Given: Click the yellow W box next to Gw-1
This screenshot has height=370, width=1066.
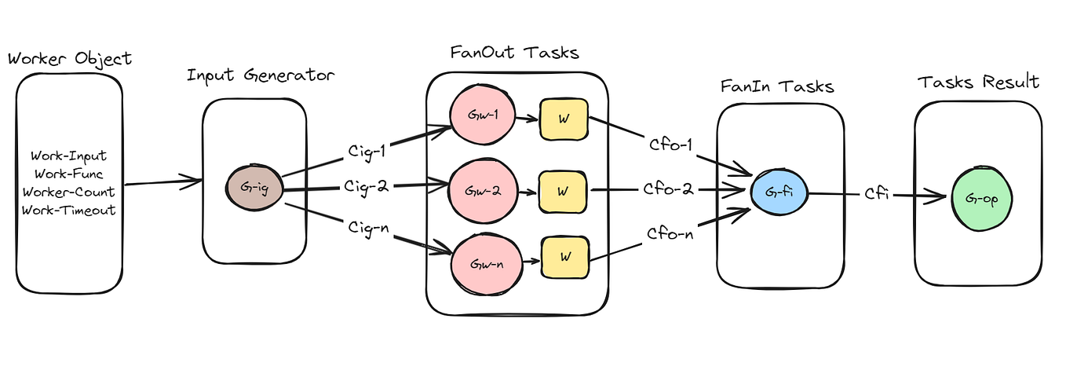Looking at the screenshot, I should (x=563, y=119).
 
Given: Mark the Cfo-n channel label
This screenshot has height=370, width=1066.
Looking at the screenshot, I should (x=670, y=233).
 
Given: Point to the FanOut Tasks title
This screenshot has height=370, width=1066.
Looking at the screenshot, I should (x=514, y=53).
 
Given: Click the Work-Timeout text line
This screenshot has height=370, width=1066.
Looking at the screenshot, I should (x=68, y=210).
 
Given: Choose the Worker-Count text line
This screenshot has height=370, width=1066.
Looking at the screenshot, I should (x=68, y=192).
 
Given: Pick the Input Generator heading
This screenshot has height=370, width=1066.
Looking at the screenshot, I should (x=261, y=76).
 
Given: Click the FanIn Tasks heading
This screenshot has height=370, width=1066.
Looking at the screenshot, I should (x=777, y=86).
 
